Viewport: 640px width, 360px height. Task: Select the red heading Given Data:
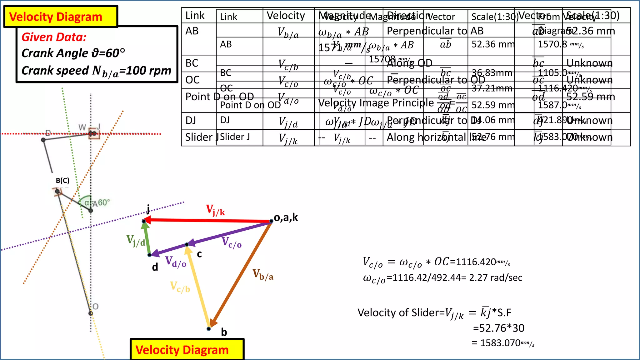tap(54, 37)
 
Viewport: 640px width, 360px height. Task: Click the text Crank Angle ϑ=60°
tap(73, 53)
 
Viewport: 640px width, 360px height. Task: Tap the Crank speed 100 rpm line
tap(96, 71)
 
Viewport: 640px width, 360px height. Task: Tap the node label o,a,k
tap(286, 217)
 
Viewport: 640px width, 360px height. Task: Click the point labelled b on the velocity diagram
tap(209, 329)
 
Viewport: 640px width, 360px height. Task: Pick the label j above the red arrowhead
tap(148, 208)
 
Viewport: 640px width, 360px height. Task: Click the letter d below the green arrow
tap(155, 267)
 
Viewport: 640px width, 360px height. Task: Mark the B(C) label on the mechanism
tap(62, 181)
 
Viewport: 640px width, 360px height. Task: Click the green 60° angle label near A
tap(104, 202)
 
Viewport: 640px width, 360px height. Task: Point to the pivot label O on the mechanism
tap(96, 306)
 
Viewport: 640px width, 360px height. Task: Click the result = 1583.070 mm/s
tap(503, 343)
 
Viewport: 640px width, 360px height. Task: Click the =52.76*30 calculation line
tap(498, 328)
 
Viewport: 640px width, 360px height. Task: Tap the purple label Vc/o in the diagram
tap(232, 242)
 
